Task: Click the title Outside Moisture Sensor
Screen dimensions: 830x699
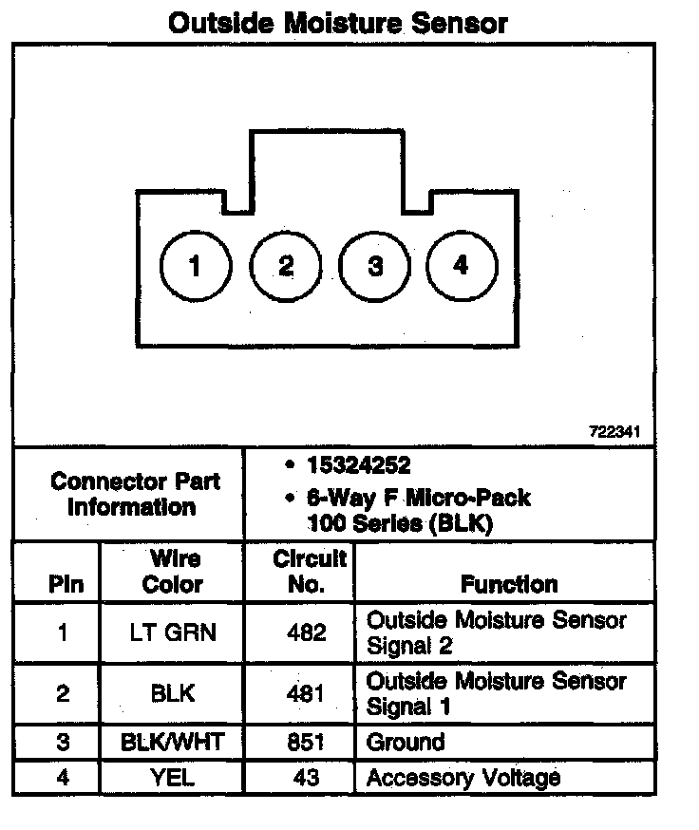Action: (x=337, y=23)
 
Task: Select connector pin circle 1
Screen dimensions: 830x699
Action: (x=195, y=265)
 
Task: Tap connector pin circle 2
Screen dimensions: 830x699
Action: (x=285, y=265)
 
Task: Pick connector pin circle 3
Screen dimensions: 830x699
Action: (x=374, y=265)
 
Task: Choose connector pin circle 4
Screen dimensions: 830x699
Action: (x=461, y=265)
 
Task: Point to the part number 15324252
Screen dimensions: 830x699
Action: (x=358, y=466)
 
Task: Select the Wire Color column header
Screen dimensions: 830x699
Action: (x=173, y=572)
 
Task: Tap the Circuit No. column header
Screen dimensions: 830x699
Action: (x=308, y=572)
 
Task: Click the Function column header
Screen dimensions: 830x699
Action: (x=508, y=584)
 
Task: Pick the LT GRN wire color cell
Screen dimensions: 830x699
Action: (x=173, y=632)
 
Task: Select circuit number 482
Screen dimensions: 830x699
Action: (x=306, y=632)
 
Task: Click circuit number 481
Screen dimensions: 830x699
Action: (x=306, y=693)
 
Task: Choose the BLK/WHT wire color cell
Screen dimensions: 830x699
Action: (x=173, y=743)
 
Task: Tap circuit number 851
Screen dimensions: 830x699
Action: (x=306, y=743)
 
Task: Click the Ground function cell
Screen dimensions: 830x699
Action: (x=406, y=743)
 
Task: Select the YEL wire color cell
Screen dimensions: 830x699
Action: (x=173, y=779)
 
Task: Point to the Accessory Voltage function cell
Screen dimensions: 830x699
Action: (x=463, y=779)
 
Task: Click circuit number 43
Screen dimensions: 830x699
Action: (x=306, y=779)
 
